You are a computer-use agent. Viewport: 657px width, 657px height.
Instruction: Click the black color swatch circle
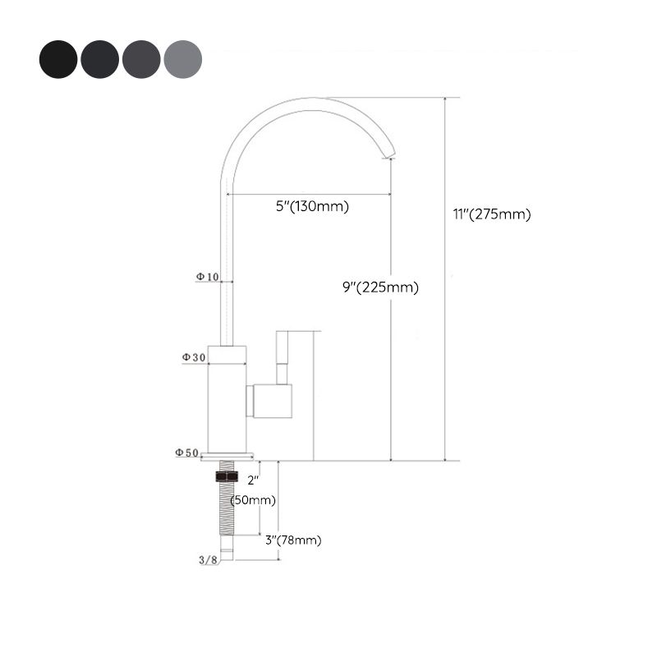pos(58,59)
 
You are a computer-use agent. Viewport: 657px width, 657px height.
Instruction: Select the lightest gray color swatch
pos(182,59)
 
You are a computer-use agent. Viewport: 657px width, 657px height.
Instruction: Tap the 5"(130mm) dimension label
pos(312,206)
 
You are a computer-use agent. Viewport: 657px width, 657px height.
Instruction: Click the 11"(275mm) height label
pos(492,214)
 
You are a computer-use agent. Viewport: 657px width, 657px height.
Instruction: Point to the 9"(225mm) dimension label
pos(380,287)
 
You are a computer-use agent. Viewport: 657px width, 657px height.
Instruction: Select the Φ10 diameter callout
pos(207,277)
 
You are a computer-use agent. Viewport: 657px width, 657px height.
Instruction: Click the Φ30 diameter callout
pos(194,357)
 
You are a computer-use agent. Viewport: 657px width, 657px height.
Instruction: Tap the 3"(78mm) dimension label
pos(293,540)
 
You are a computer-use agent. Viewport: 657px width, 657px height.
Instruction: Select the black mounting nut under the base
pos(226,476)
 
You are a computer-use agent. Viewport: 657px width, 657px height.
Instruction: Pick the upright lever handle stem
pos(283,357)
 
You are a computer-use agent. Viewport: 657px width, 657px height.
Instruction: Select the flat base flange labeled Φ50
pos(227,455)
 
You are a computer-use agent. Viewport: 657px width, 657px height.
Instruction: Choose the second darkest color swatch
pos(99,59)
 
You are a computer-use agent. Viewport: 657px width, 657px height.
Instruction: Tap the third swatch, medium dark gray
pos(141,59)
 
